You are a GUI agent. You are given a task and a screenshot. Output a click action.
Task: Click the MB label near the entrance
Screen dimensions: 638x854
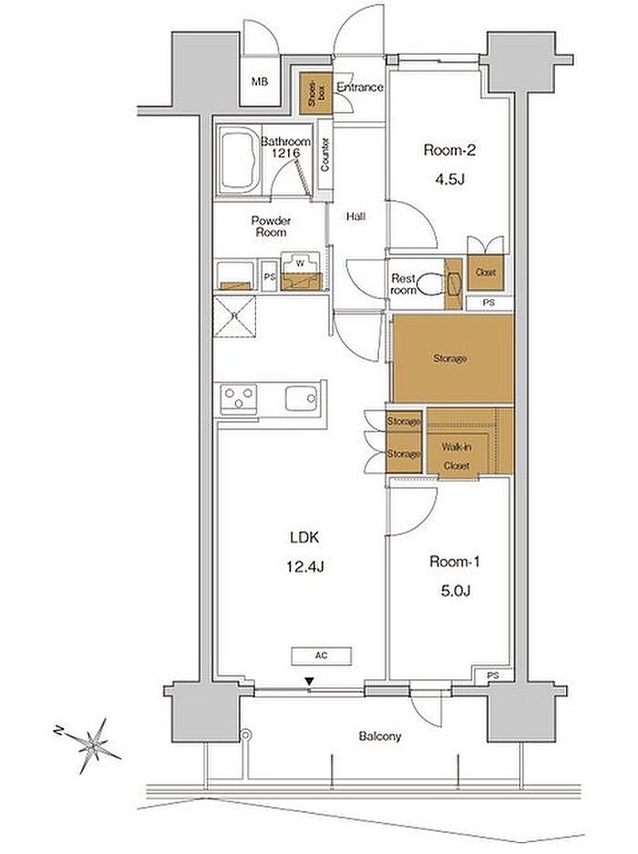pos(261,82)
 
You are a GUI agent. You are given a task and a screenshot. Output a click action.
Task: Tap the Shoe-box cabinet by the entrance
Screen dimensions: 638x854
pos(314,93)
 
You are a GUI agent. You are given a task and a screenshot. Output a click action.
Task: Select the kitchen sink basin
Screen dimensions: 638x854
pos(301,399)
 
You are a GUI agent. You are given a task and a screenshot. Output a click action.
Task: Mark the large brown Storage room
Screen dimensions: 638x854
pos(451,359)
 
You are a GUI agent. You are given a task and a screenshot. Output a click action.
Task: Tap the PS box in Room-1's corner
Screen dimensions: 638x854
pos(493,676)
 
